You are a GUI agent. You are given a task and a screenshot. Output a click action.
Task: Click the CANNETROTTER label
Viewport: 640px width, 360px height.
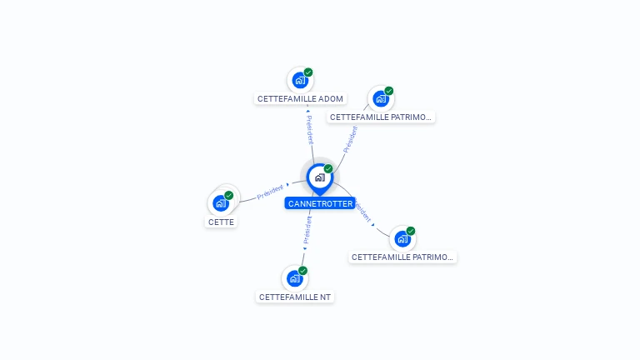pos(320,203)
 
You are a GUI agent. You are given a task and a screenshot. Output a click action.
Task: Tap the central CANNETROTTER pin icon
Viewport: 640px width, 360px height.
pos(319,177)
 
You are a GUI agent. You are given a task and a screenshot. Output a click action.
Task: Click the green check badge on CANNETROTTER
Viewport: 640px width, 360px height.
pos(328,169)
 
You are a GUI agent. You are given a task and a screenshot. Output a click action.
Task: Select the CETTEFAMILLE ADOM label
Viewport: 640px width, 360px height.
pos(300,98)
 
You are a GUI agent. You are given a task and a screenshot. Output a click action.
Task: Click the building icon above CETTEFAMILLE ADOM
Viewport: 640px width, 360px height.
pos(299,81)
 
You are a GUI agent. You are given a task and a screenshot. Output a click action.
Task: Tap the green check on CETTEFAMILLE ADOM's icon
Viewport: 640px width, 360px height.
pos(308,72)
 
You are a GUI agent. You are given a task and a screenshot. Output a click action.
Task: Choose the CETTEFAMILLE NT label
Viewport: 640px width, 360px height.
pos(295,297)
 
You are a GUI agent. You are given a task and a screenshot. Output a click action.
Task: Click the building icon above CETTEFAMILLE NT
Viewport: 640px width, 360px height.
pos(294,279)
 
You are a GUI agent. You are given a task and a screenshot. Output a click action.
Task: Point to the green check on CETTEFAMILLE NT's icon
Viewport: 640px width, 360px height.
pos(303,271)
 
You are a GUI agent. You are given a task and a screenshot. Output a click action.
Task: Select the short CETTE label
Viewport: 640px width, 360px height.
pos(221,222)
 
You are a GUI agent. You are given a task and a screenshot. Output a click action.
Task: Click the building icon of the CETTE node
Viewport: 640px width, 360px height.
pos(220,203)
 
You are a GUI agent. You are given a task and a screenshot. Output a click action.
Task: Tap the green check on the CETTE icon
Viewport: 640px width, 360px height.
pos(229,195)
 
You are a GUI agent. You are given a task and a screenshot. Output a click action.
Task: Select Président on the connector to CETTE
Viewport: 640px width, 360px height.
pos(271,191)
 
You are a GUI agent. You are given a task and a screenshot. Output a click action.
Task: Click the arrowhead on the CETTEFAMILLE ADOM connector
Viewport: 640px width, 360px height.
pos(307,111)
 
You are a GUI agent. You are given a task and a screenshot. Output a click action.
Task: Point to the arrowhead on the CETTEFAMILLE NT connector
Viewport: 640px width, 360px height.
pos(305,247)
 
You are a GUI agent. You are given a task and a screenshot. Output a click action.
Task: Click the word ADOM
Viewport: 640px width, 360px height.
pos(331,98)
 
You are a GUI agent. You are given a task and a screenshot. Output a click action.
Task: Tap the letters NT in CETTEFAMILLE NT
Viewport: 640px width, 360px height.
pos(325,297)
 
